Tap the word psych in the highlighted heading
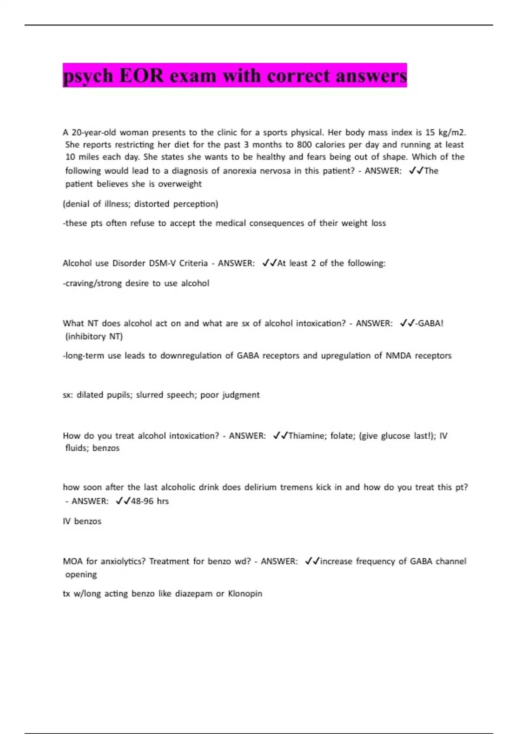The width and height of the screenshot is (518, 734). [88, 76]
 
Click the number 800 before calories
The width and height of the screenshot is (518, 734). [304, 145]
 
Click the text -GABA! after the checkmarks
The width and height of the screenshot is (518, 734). [429, 323]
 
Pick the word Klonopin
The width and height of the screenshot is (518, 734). [245, 594]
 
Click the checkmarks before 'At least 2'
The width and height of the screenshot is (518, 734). [269, 263]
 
